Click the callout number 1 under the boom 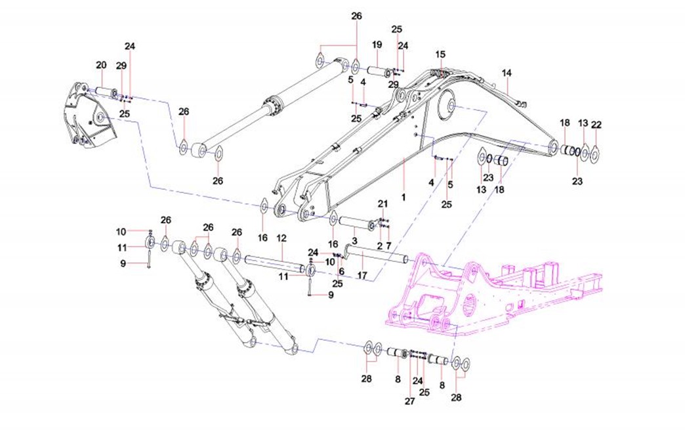click(x=404, y=196)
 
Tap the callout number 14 click(x=506, y=72)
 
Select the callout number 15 click(x=440, y=54)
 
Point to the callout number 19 click(x=377, y=45)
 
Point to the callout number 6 click(x=341, y=271)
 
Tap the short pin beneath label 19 click(x=379, y=70)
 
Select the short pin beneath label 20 click(x=106, y=92)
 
